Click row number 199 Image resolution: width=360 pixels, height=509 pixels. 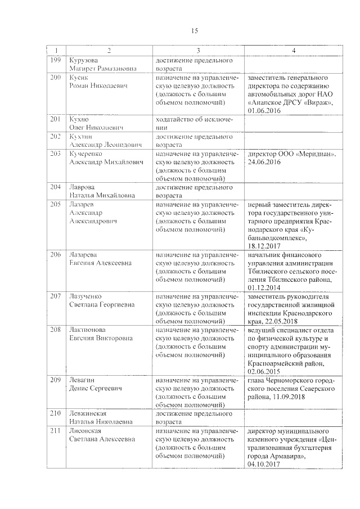coord(55,60)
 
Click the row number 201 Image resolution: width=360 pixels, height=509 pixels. coord(55,120)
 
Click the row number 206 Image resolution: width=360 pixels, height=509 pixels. coord(55,255)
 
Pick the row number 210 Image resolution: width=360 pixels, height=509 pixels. coord(55,413)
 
